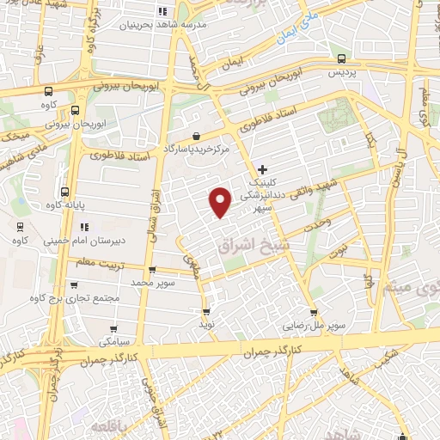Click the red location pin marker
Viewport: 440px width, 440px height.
(221, 201)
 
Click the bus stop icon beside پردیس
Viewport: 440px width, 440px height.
(343, 59)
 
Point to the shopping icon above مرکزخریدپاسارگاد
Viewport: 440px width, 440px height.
(197, 135)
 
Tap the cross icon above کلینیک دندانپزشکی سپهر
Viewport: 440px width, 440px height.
(262, 170)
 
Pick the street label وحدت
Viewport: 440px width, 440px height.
(317, 223)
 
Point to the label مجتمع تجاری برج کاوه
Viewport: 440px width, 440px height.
(72, 297)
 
